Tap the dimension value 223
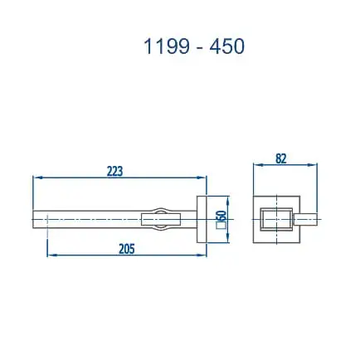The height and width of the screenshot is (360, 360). tap(114, 171)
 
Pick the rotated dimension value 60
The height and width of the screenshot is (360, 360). tap(221, 217)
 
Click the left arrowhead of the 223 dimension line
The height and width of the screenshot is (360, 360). tap(36, 178)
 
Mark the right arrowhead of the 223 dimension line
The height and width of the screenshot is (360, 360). tap(204, 178)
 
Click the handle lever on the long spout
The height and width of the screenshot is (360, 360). tap(161, 220)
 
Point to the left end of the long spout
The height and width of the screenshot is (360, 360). tap(36, 220)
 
